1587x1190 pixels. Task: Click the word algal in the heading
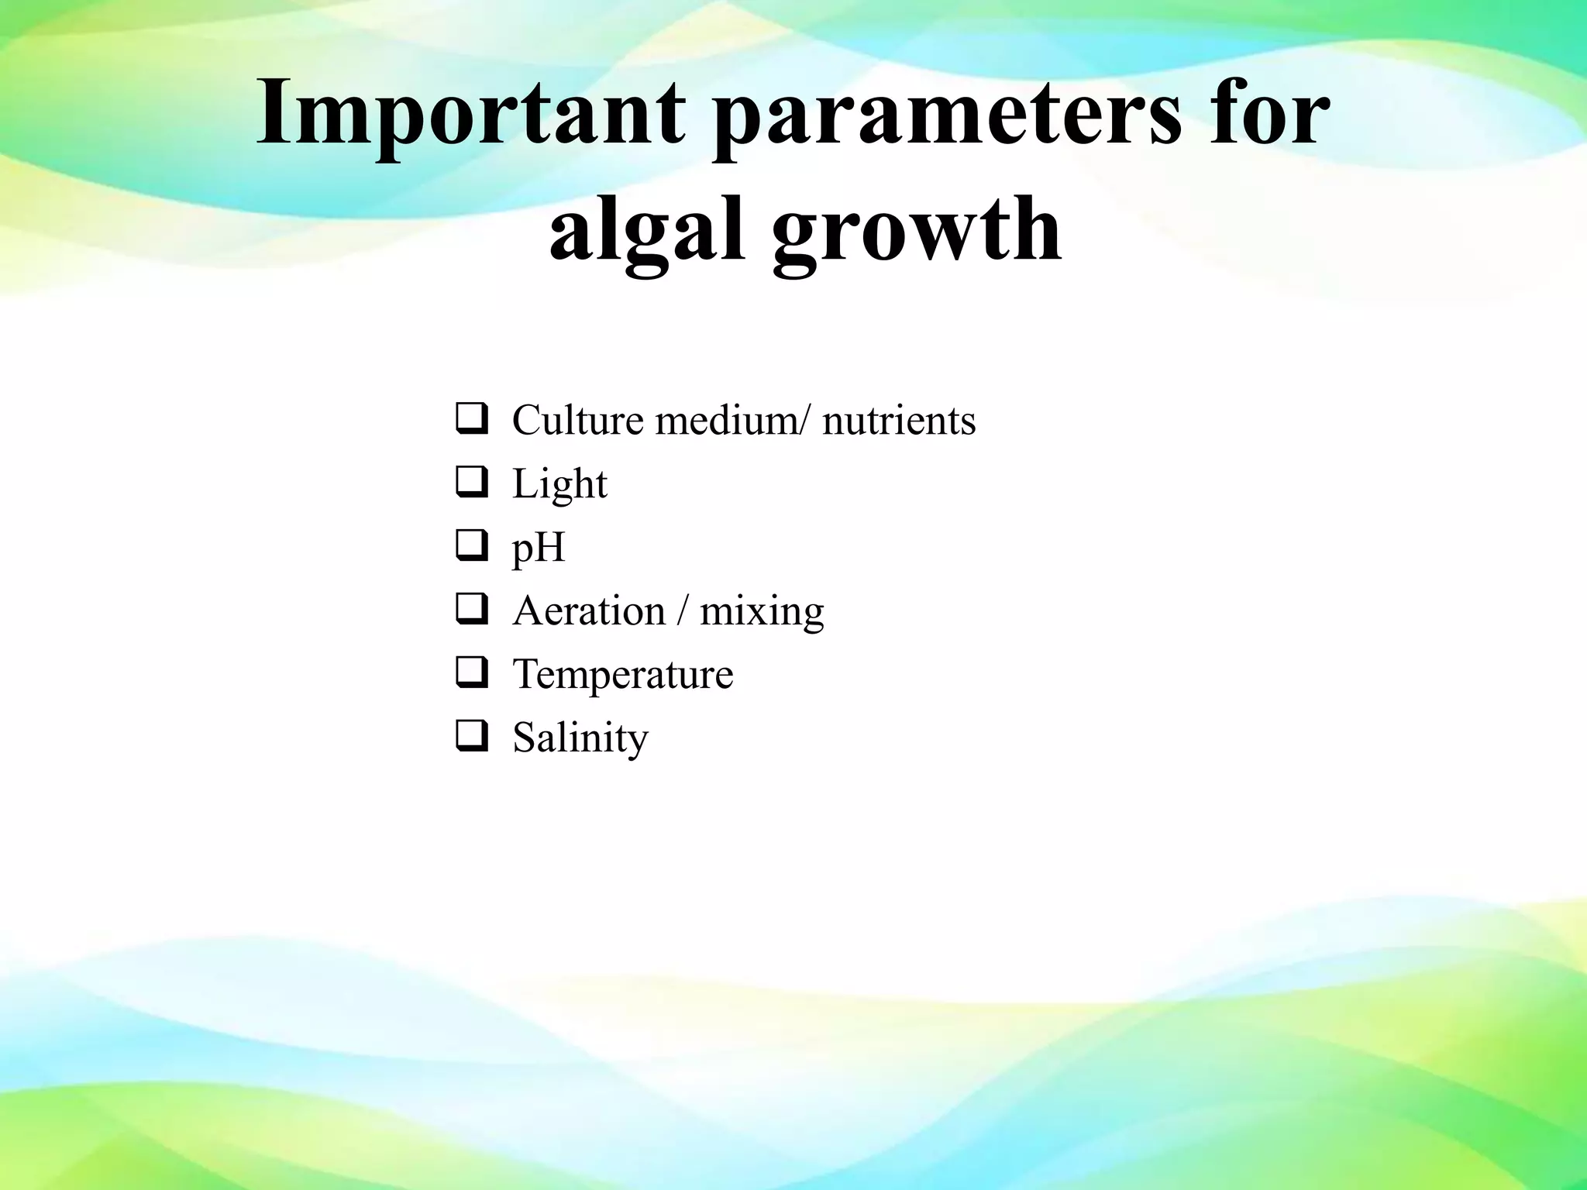647,229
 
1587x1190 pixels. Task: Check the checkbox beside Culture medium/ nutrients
471,419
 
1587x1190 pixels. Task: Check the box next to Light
471,483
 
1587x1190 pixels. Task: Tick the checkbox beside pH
471,546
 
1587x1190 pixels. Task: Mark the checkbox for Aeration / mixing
471,610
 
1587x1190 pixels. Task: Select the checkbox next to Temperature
471,673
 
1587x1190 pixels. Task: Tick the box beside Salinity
471,737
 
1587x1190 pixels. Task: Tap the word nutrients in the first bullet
898,421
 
